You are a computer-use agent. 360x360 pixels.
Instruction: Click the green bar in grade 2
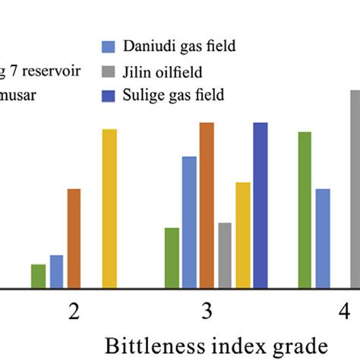pyautogui.click(x=38, y=276)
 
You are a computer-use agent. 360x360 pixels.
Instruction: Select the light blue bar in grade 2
pyautogui.click(x=56, y=272)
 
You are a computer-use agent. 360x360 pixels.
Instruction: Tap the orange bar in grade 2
pyautogui.click(x=74, y=238)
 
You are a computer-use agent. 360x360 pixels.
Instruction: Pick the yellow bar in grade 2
pyautogui.click(x=109, y=209)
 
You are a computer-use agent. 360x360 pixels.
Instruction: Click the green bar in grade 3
pyautogui.click(x=172, y=258)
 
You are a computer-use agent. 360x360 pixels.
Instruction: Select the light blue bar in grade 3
pyautogui.click(x=189, y=223)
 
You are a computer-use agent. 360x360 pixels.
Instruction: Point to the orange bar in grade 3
pyautogui.click(x=207, y=205)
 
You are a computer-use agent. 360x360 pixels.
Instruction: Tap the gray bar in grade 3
pyautogui.click(x=225, y=256)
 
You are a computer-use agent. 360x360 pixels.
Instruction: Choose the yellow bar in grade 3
pyautogui.click(x=243, y=235)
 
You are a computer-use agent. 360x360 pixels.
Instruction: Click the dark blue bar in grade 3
pyautogui.click(x=261, y=205)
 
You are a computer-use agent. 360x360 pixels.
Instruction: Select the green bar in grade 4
pyautogui.click(x=305, y=210)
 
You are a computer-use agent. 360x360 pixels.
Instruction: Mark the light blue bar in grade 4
pyautogui.click(x=323, y=238)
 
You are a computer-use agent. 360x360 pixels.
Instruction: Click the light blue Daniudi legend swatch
pyautogui.click(x=108, y=47)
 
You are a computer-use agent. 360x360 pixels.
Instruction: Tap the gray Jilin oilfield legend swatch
pyautogui.click(x=108, y=71)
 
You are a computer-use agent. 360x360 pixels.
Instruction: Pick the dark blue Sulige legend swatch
pyautogui.click(x=108, y=96)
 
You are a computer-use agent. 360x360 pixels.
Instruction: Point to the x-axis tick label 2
pyautogui.click(x=74, y=311)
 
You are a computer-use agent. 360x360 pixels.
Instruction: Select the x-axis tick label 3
pyautogui.click(x=207, y=311)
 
